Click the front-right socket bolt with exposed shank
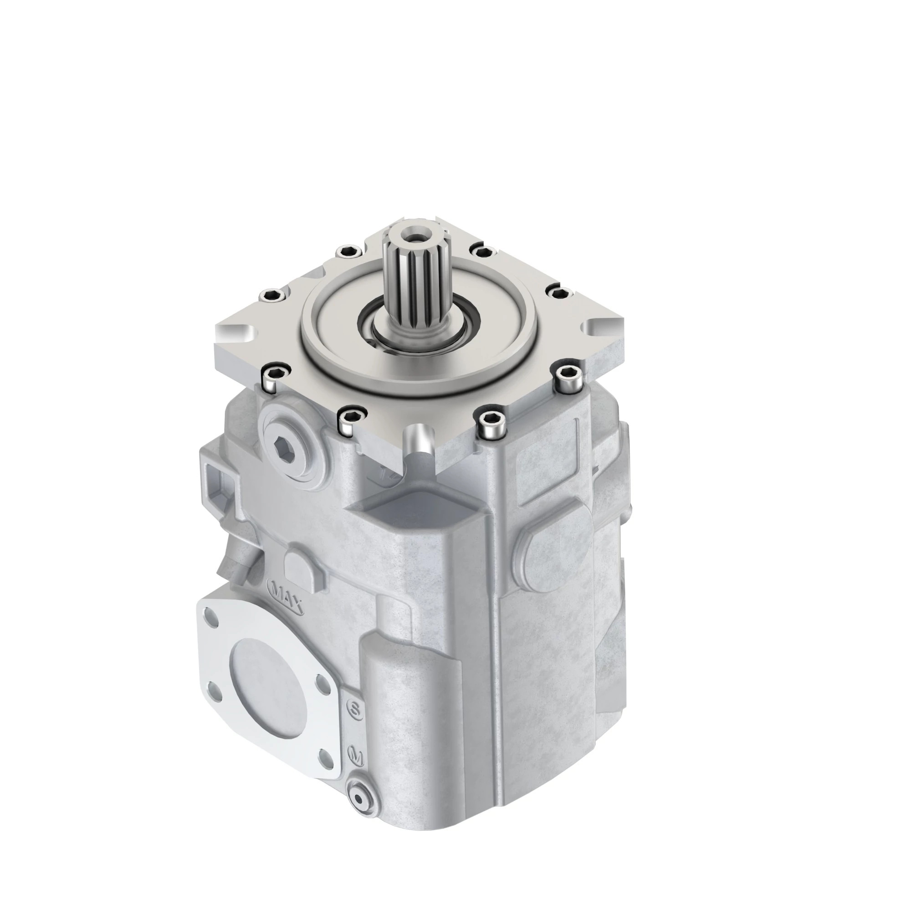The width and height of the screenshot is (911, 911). click(x=491, y=423)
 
